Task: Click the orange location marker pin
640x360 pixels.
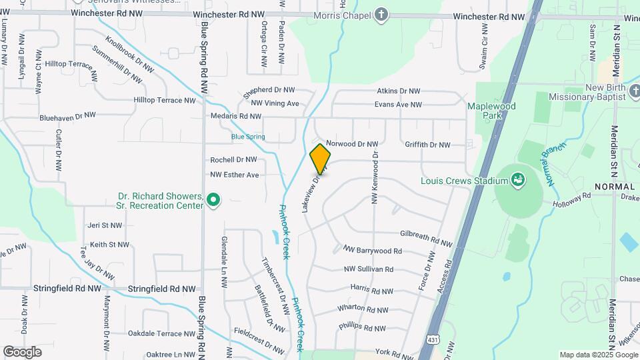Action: tap(320, 159)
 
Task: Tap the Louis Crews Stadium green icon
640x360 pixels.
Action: tap(517, 179)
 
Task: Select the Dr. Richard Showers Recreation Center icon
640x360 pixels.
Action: tap(213, 200)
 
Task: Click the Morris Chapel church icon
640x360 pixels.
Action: tap(381, 15)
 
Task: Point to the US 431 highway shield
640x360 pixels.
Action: tap(433, 339)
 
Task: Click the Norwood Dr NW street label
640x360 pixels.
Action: tap(351, 144)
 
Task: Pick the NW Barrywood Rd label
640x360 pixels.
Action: tap(373, 251)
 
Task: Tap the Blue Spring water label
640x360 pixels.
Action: tap(248, 137)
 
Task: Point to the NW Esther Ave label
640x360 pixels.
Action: tap(234, 175)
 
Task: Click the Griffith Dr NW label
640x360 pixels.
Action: tap(427, 145)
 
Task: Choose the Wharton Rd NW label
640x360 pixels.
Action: tap(363, 309)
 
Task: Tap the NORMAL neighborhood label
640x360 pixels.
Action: tap(614, 187)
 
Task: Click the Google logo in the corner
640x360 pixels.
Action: tap(22, 351)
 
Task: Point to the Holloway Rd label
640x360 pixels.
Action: tap(577, 197)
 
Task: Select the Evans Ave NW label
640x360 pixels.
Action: tap(398, 105)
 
